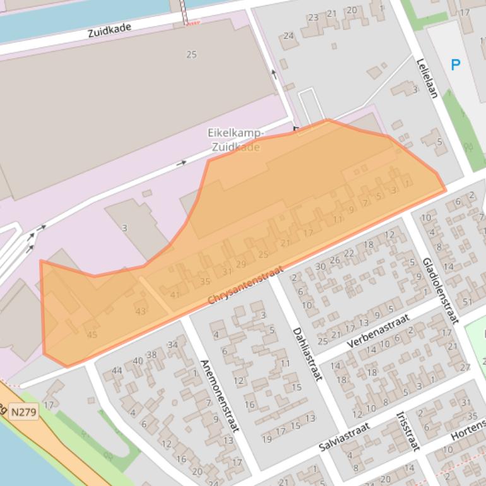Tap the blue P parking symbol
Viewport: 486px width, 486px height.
[455, 64]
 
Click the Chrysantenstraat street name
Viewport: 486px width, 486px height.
[245, 285]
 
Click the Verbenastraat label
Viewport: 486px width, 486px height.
[378, 331]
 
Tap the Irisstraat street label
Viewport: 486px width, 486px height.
[407, 431]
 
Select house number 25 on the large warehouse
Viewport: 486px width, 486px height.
[191, 55]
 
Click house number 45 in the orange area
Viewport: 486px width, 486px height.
[92, 335]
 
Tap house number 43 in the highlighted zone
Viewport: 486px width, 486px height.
[140, 311]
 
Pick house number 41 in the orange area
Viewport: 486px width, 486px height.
[175, 294]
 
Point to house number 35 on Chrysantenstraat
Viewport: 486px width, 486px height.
[204, 282]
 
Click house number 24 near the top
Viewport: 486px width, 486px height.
[288, 36]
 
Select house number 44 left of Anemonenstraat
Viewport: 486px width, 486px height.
[116, 370]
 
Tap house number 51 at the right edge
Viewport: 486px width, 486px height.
[467, 302]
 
